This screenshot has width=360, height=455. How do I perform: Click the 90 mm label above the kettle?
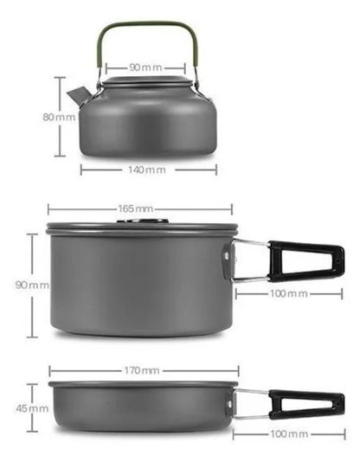(x=142, y=66)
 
